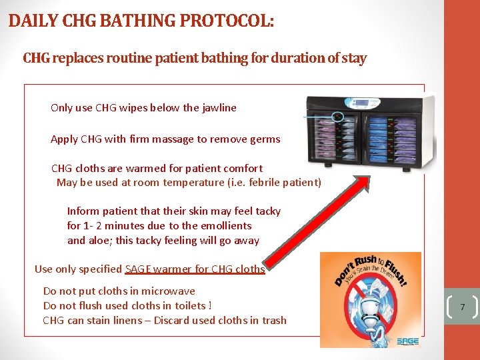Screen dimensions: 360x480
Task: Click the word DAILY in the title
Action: [31, 21]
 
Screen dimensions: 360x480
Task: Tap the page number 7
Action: [462, 307]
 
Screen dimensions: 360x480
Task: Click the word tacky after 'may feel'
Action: [268, 211]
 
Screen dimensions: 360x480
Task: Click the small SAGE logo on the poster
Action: [407, 341]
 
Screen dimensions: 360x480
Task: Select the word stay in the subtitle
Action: [354, 58]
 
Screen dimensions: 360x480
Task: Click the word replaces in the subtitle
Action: [74, 58]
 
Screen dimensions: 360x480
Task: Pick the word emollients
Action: [225, 225]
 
